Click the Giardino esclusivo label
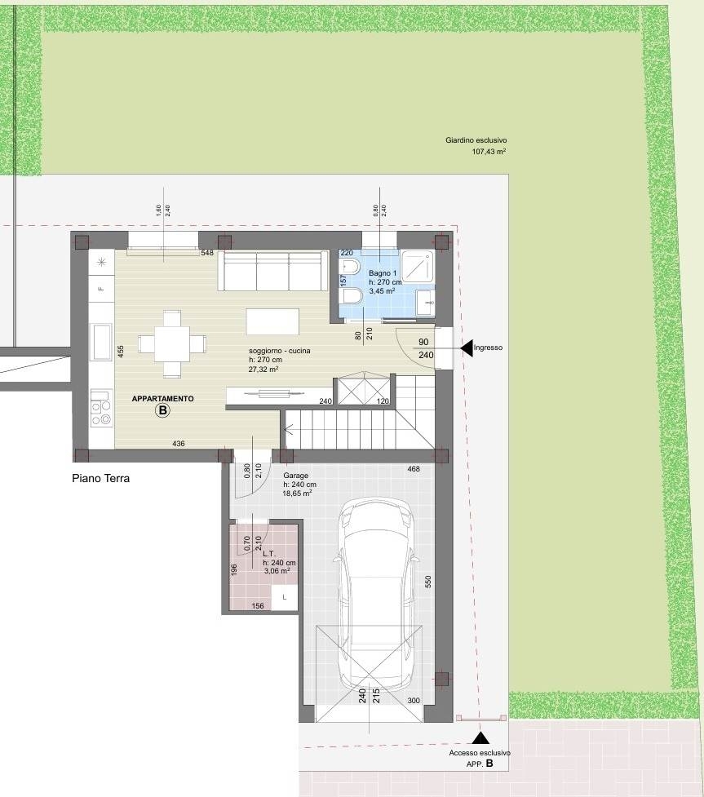point(476,140)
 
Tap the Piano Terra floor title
point(100,478)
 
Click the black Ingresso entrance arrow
point(467,348)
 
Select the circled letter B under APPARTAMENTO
point(162,410)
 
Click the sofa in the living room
point(273,270)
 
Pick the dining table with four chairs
point(172,344)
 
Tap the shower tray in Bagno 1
point(418,267)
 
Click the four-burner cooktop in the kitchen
point(101,414)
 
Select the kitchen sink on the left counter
point(101,342)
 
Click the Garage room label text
point(296,476)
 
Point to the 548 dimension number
point(207,253)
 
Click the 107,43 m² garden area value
point(489,152)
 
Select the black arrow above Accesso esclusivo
point(480,737)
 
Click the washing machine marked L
point(284,597)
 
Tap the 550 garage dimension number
point(427,582)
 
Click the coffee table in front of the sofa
point(273,321)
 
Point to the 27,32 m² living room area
point(263,370)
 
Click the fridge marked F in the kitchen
point(101,289)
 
